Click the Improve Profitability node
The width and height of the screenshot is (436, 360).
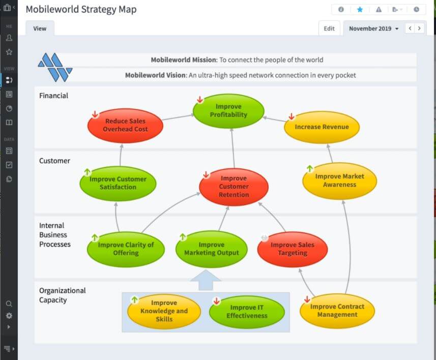228,111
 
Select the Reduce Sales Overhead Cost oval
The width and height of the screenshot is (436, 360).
125,125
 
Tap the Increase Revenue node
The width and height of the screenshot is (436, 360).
322,127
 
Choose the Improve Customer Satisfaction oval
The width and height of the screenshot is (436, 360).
118,183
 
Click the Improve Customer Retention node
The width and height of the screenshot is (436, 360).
234,187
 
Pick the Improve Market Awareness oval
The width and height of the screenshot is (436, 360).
339,181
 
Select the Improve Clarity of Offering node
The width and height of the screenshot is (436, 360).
126,249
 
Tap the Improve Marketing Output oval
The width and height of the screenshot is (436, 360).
211,249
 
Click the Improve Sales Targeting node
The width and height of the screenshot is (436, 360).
292,249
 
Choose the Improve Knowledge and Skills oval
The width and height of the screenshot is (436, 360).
164,311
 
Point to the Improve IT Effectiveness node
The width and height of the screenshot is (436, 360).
247,311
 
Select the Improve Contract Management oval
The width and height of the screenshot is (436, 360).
337,311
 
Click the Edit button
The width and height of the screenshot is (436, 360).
329,28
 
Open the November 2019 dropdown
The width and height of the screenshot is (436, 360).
373,28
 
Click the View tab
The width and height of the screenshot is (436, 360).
40,28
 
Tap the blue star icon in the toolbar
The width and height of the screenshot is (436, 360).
360,10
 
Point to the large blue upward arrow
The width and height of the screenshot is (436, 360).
206,280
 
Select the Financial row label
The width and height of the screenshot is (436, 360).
53,96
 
